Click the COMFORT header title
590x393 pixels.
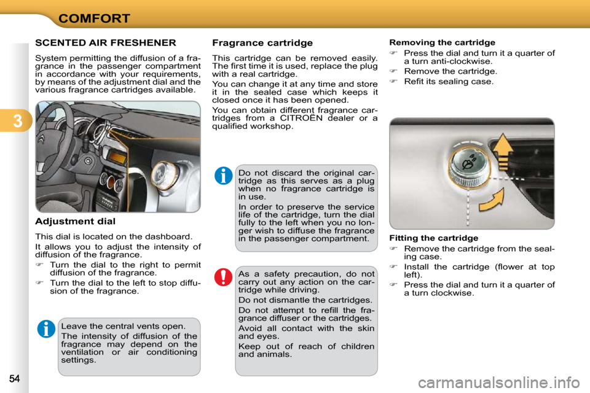pos(94,18)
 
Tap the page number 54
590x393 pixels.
pos(14,377)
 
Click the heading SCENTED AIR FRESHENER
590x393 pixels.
pos(106,43)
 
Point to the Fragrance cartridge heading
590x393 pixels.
pos(262,43)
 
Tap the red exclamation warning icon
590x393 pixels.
pos(223,277)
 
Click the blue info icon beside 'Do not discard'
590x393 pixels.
pos(223,176)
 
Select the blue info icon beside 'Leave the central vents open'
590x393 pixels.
pos(46,329)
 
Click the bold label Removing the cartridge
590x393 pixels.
pos(442,42)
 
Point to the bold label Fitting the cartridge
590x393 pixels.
pos(433,238)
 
